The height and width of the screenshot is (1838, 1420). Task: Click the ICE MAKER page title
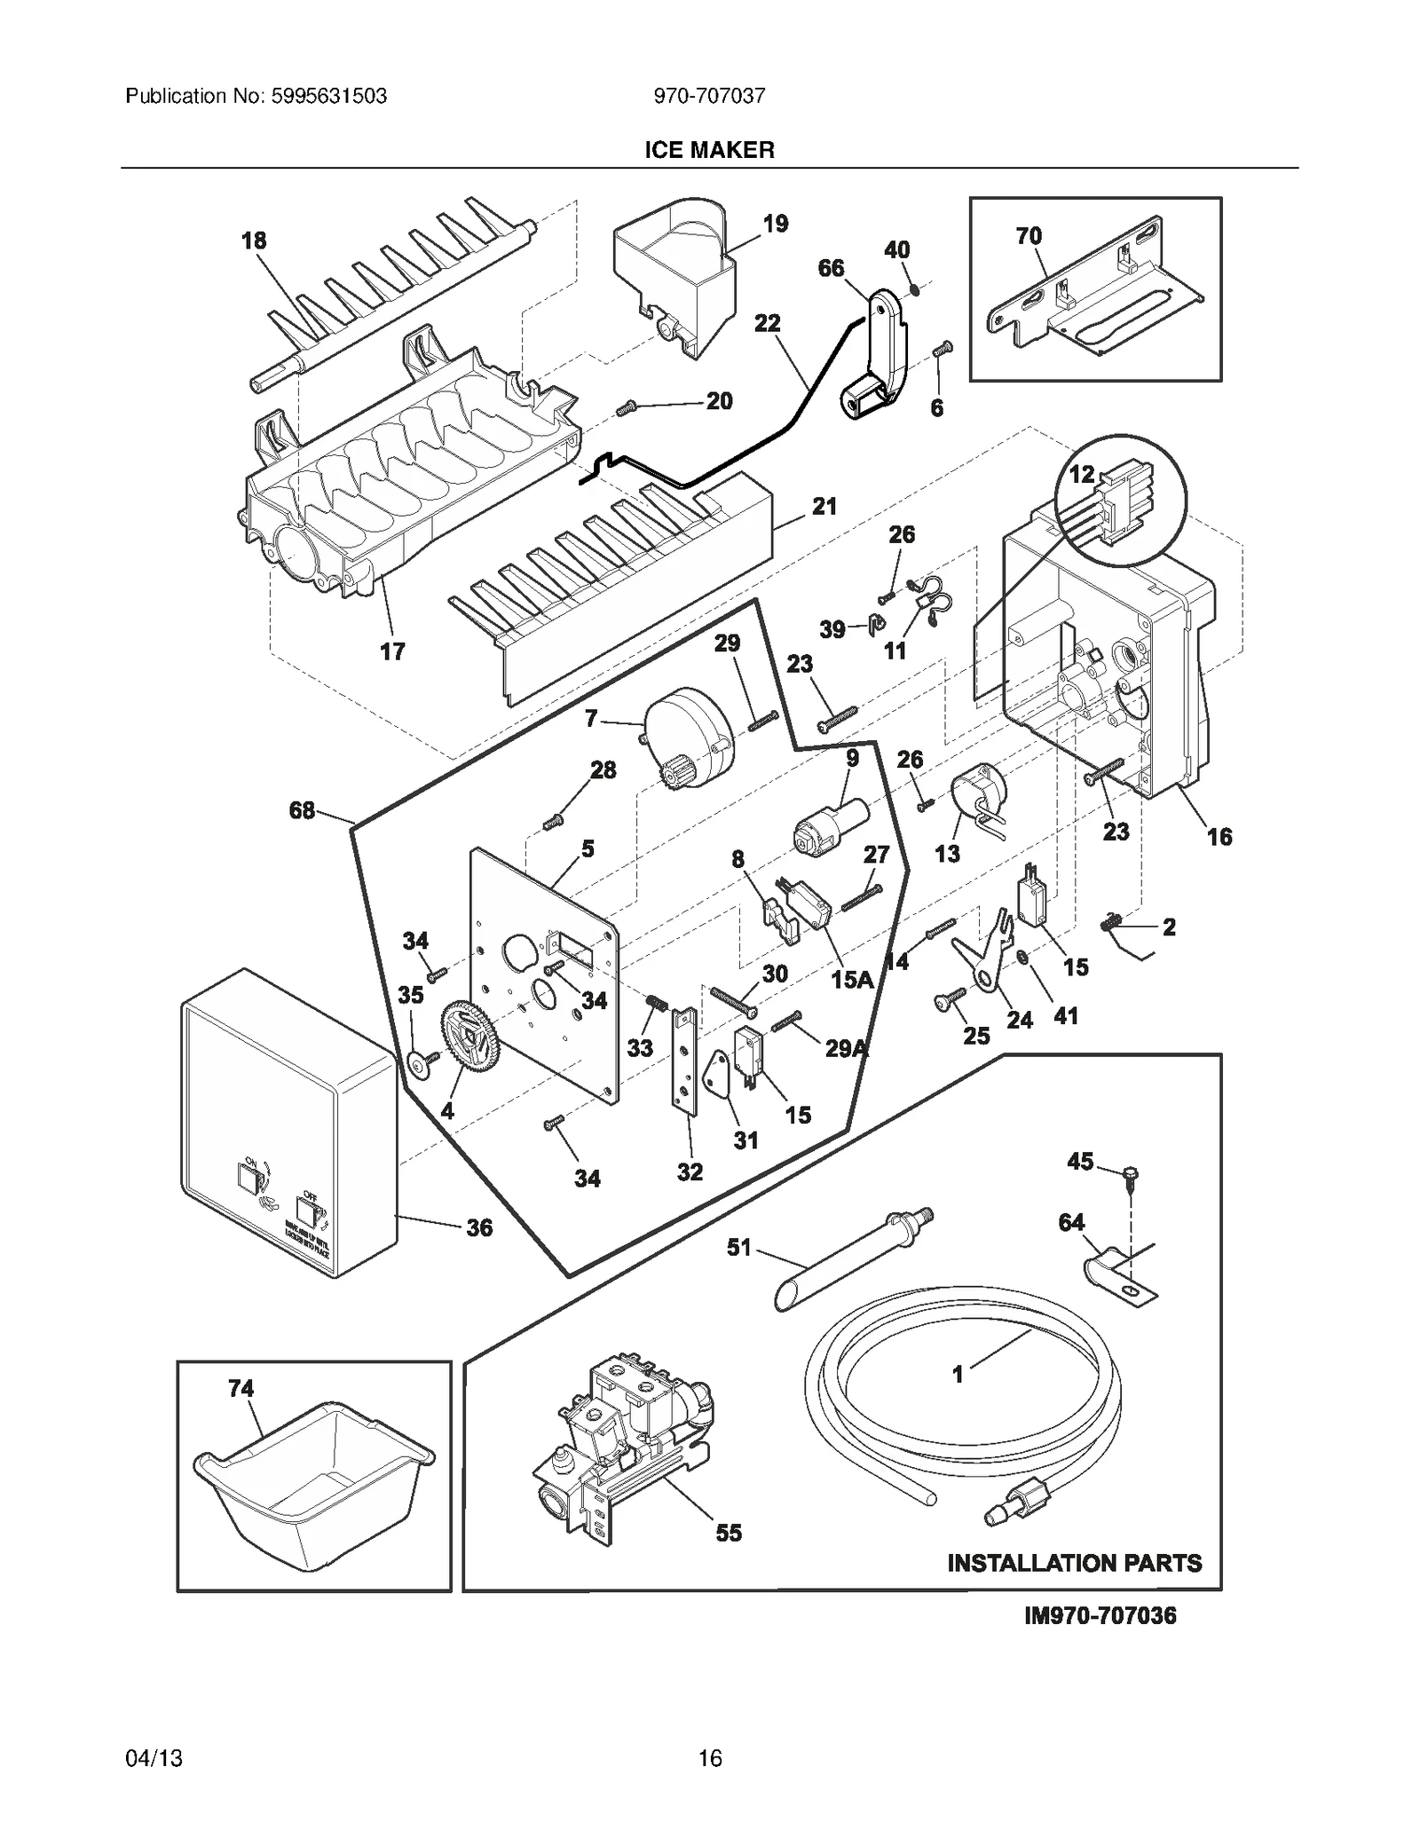709,150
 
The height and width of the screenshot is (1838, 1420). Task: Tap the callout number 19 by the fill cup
775,224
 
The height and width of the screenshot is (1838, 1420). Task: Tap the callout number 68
302,809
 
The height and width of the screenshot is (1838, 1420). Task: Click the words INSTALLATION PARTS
1074,1588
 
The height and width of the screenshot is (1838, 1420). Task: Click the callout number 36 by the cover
479,1228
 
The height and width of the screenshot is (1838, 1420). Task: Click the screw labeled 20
626,408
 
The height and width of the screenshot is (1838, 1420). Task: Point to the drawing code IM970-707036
1100,1640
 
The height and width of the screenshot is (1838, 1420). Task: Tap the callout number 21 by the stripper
824,507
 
